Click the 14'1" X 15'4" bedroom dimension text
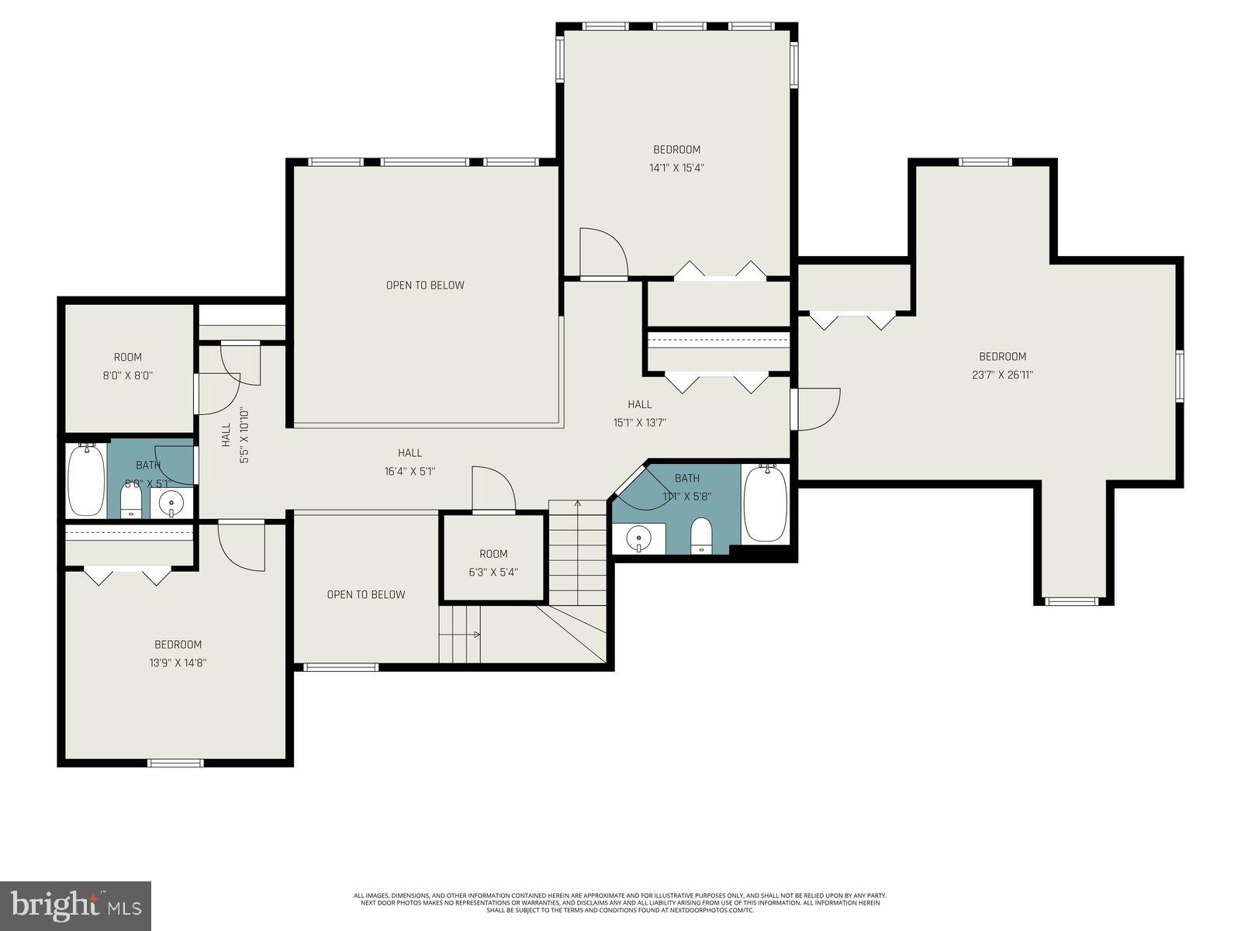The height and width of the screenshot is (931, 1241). point(676,168)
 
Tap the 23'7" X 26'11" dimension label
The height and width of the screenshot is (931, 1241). point(1002,375)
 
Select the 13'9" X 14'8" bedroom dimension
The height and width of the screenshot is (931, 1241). point(178,663)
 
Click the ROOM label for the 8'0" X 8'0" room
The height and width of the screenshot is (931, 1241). point(128,358)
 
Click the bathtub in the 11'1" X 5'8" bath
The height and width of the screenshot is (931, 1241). point(765,503)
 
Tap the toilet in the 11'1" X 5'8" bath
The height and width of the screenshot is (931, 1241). point(701,535)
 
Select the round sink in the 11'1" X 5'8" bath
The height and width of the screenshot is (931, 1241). point(638,537)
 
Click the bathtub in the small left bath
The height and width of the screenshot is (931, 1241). point(85,480)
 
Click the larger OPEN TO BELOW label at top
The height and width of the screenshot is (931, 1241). point(425,286)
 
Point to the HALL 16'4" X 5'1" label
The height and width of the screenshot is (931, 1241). point(410,462)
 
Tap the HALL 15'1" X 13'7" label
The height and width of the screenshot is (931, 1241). point(639,414)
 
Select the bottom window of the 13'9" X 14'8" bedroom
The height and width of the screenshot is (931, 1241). point(176,763)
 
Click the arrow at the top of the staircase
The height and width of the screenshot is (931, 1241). point(577,504)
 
